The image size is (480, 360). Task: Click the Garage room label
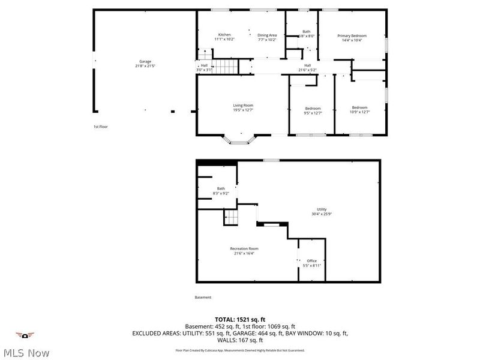[145, 63]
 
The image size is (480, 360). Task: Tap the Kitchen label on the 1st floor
[224, 37]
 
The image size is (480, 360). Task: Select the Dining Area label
[267, 37]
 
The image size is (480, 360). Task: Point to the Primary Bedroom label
[352, 38]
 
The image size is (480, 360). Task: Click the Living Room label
[243, 108]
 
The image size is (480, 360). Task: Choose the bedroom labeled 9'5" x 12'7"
[313, 110]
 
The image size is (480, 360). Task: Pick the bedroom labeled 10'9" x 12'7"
[360, 110]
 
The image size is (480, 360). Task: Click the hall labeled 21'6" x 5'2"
[307, 68]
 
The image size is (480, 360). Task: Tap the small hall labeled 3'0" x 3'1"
[204, 68]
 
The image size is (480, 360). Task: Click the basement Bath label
[221, 191]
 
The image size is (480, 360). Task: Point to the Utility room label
[322, 212]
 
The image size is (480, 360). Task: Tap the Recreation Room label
[244, 251]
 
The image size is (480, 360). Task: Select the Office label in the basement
[312, 263]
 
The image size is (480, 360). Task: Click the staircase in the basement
[232, 217]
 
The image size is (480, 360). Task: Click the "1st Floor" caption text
[100, 127]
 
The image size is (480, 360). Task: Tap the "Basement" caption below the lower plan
[203, 298]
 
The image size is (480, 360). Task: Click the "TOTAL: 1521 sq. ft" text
[240, 320]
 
